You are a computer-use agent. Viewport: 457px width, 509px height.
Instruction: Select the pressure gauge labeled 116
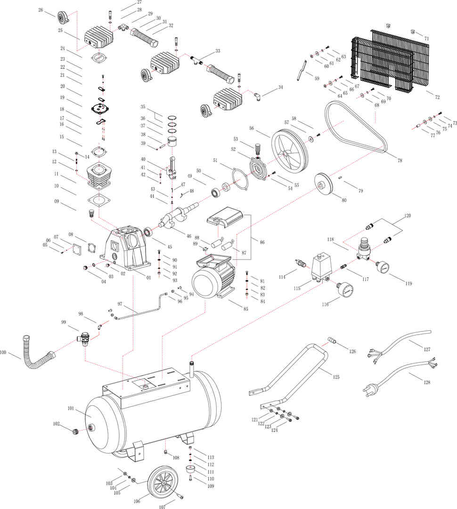[x=346, y=289]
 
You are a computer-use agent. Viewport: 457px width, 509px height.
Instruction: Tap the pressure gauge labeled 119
[x=383, y=267]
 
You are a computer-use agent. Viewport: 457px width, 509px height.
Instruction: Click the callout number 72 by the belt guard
[x=437, y=97]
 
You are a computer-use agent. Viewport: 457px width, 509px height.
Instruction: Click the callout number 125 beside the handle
[x=335, y=377]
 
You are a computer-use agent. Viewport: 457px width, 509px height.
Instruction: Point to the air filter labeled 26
[x=62, y=18]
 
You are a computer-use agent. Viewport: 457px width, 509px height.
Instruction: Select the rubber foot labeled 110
[x=191, y=469]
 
